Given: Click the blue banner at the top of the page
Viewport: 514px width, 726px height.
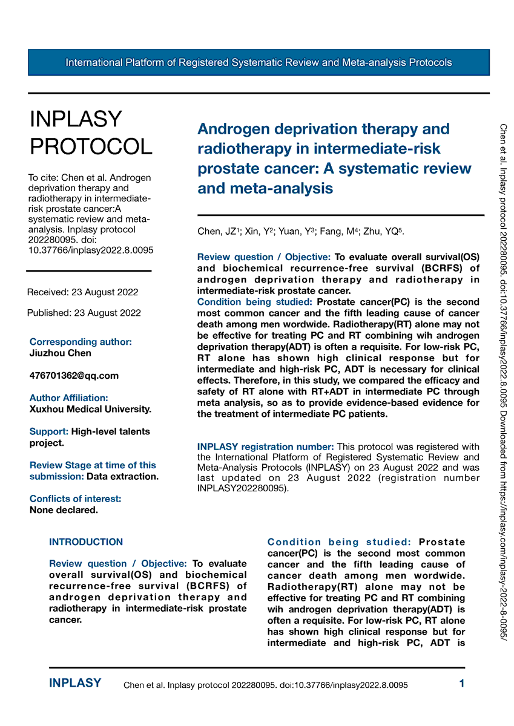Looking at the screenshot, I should pos(259,62).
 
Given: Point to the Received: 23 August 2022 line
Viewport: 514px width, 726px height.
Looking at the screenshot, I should pos(82,292).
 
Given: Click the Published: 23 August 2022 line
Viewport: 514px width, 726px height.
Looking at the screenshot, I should pos(84,313).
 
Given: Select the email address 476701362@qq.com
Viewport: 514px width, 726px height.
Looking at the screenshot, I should pos(74,376).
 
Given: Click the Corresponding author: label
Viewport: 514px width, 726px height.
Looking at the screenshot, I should pos(81,342).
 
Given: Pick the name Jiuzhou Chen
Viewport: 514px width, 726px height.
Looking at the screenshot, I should pos(61,353).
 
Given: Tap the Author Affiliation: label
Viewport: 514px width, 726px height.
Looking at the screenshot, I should pos(69,398).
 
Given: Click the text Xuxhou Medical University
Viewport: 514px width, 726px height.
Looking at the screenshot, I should pos(90,410).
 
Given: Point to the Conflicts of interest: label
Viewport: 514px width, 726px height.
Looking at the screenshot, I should pos(76,499).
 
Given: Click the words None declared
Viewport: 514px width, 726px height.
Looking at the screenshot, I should pos(64,510).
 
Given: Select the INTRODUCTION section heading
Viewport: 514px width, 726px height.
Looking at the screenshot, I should pos(86,542).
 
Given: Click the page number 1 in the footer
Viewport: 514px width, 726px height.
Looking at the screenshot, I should pos(462,684).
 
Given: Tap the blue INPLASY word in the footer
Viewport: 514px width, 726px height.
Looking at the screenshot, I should pos(75,684).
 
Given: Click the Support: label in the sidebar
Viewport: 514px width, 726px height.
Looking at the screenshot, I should pos(49,432).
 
